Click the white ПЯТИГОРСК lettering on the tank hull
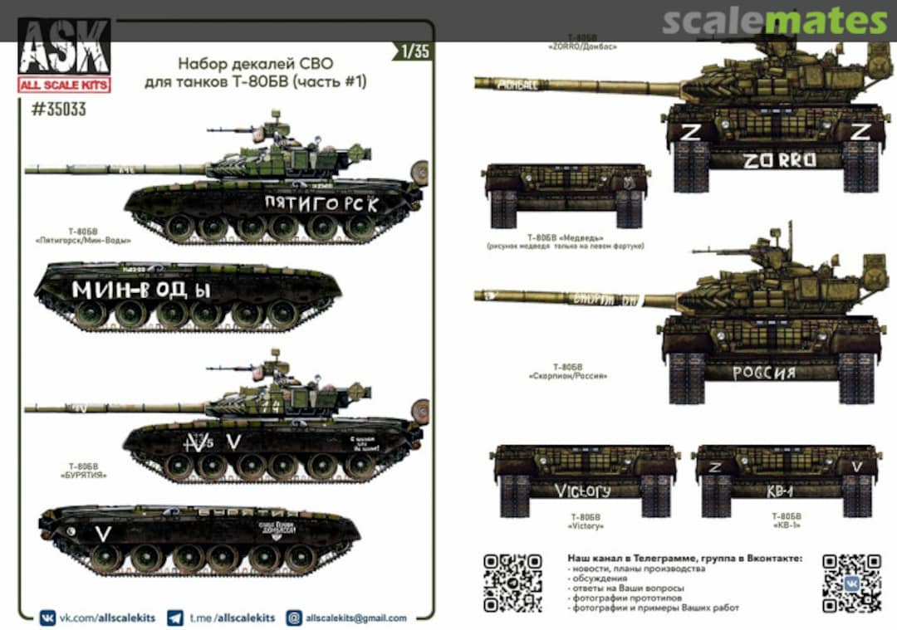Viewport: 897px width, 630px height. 321,203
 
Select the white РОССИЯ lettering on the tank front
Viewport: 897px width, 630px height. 763,373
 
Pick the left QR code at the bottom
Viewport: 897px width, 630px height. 513,582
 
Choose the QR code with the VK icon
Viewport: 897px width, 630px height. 851,582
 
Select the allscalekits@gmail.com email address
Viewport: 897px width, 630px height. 357,618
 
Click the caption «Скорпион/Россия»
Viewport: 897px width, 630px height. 567,376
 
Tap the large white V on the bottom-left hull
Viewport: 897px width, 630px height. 102,535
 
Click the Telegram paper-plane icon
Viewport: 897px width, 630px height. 175,618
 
